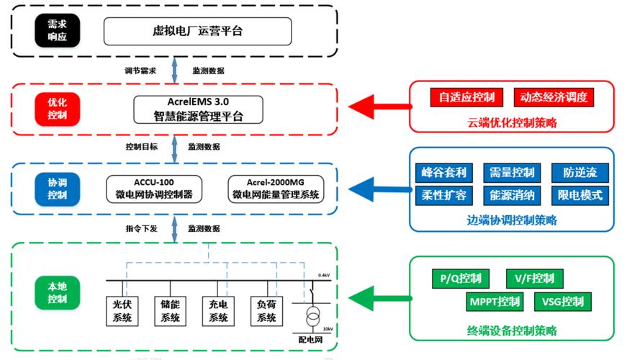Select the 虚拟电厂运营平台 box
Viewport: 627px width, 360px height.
(x=198, y=31)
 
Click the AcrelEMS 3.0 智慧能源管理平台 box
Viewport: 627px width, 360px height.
(x=198, y=109)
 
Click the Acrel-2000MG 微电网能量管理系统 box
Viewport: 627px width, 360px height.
(x=275, y=188)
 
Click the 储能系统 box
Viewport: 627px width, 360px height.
(x=170, y=310)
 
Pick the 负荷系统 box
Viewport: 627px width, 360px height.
(x=266, y=310)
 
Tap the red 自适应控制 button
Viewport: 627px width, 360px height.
(x=466, y=97)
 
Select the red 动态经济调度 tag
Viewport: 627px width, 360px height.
(x=554, y=97)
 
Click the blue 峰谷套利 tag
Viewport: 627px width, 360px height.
(x=442, y=173)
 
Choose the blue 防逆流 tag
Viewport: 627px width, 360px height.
(x=579, y=173)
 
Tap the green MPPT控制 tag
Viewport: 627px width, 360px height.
(x=494, y=301)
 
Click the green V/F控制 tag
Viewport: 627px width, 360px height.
(x=534, y=279)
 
